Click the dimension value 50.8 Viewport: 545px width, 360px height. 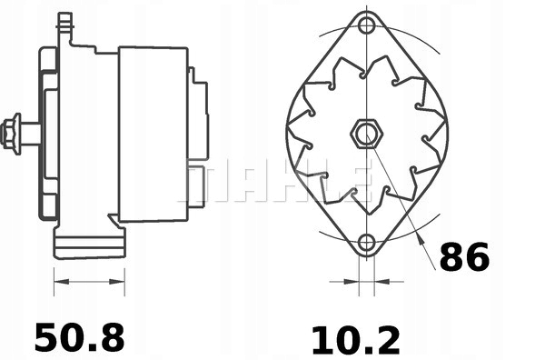79,337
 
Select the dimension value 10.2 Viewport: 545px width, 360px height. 355,339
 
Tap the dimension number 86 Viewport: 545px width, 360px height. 464,258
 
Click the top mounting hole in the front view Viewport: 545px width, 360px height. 366,25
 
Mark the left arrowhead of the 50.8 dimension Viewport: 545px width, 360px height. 60,281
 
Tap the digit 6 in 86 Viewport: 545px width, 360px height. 477,258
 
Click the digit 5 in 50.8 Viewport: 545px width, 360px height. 47,337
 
